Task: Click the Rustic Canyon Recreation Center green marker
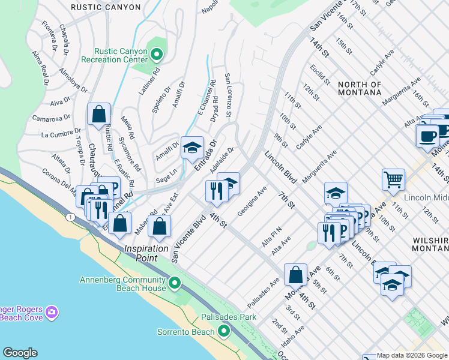(157, 56)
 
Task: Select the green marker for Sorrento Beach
(224, 331)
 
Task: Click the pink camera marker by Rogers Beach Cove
(52, 312)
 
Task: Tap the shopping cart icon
(393, 179)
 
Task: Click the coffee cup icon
(427, 136)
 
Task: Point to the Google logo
(20, 353)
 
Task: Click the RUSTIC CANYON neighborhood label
(105, 7)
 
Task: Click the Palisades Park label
(232, 317)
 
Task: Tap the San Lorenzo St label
(228, 95)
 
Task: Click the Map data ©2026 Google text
(412, 356)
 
